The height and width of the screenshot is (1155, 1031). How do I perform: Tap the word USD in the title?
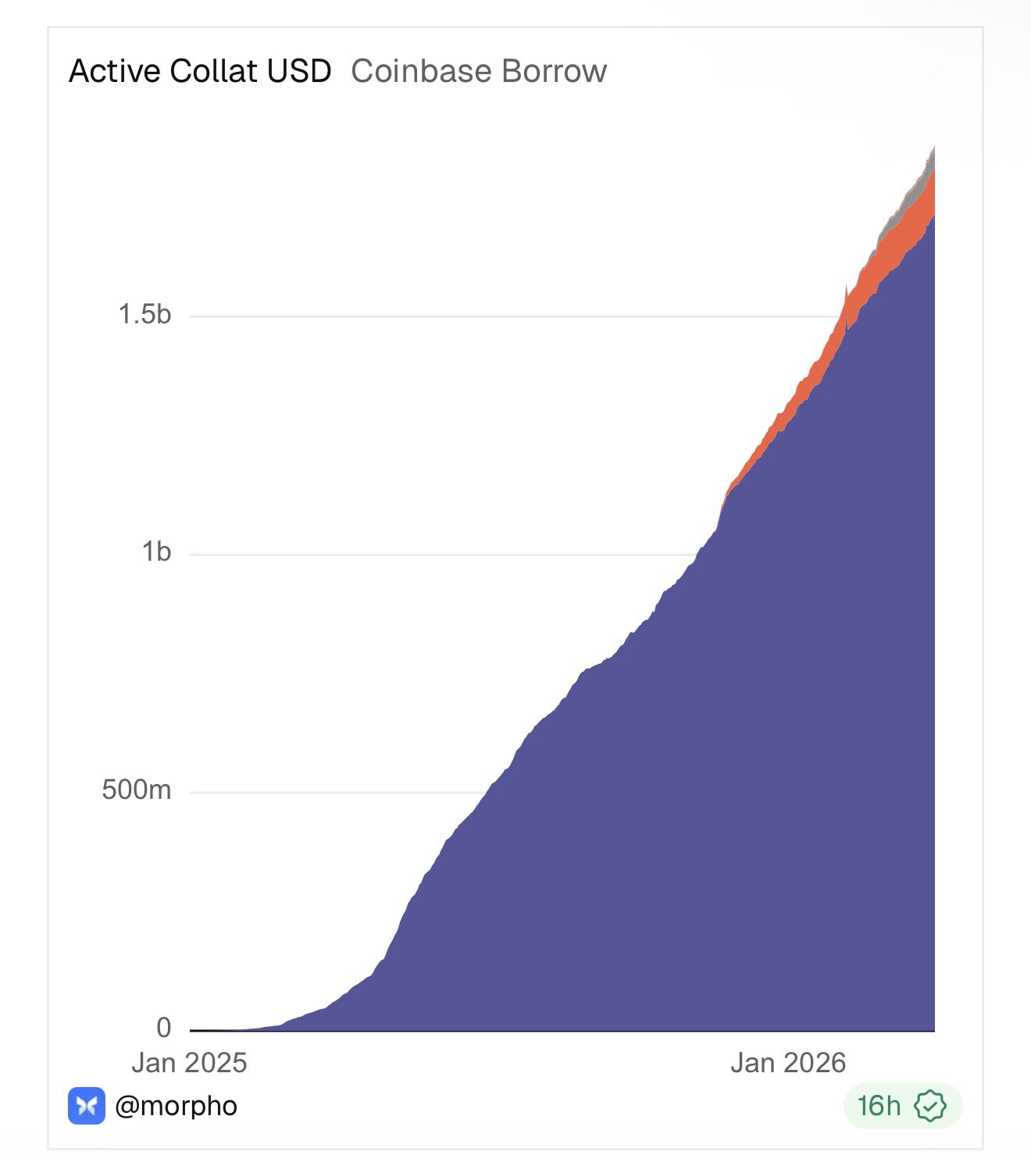(299, 71)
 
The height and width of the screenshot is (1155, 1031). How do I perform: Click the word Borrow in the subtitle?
(554, 71)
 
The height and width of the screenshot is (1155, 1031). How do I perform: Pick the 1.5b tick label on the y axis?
(144, 315)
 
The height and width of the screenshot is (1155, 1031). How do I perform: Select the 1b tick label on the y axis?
(156, 552)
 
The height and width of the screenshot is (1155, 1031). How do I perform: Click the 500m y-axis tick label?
(137, 790)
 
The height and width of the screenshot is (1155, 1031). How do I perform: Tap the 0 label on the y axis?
(163, 1028)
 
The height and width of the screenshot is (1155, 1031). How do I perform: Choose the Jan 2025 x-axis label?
(189, 1064)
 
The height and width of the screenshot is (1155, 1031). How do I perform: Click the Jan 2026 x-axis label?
(788, 1064)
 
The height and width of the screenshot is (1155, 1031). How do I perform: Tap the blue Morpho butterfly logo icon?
(87, 1106)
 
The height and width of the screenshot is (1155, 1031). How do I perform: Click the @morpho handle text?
(176, 1107)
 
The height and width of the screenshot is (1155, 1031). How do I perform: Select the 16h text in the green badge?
(879, 1107)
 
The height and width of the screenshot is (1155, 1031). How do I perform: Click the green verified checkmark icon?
(930, 1107)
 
